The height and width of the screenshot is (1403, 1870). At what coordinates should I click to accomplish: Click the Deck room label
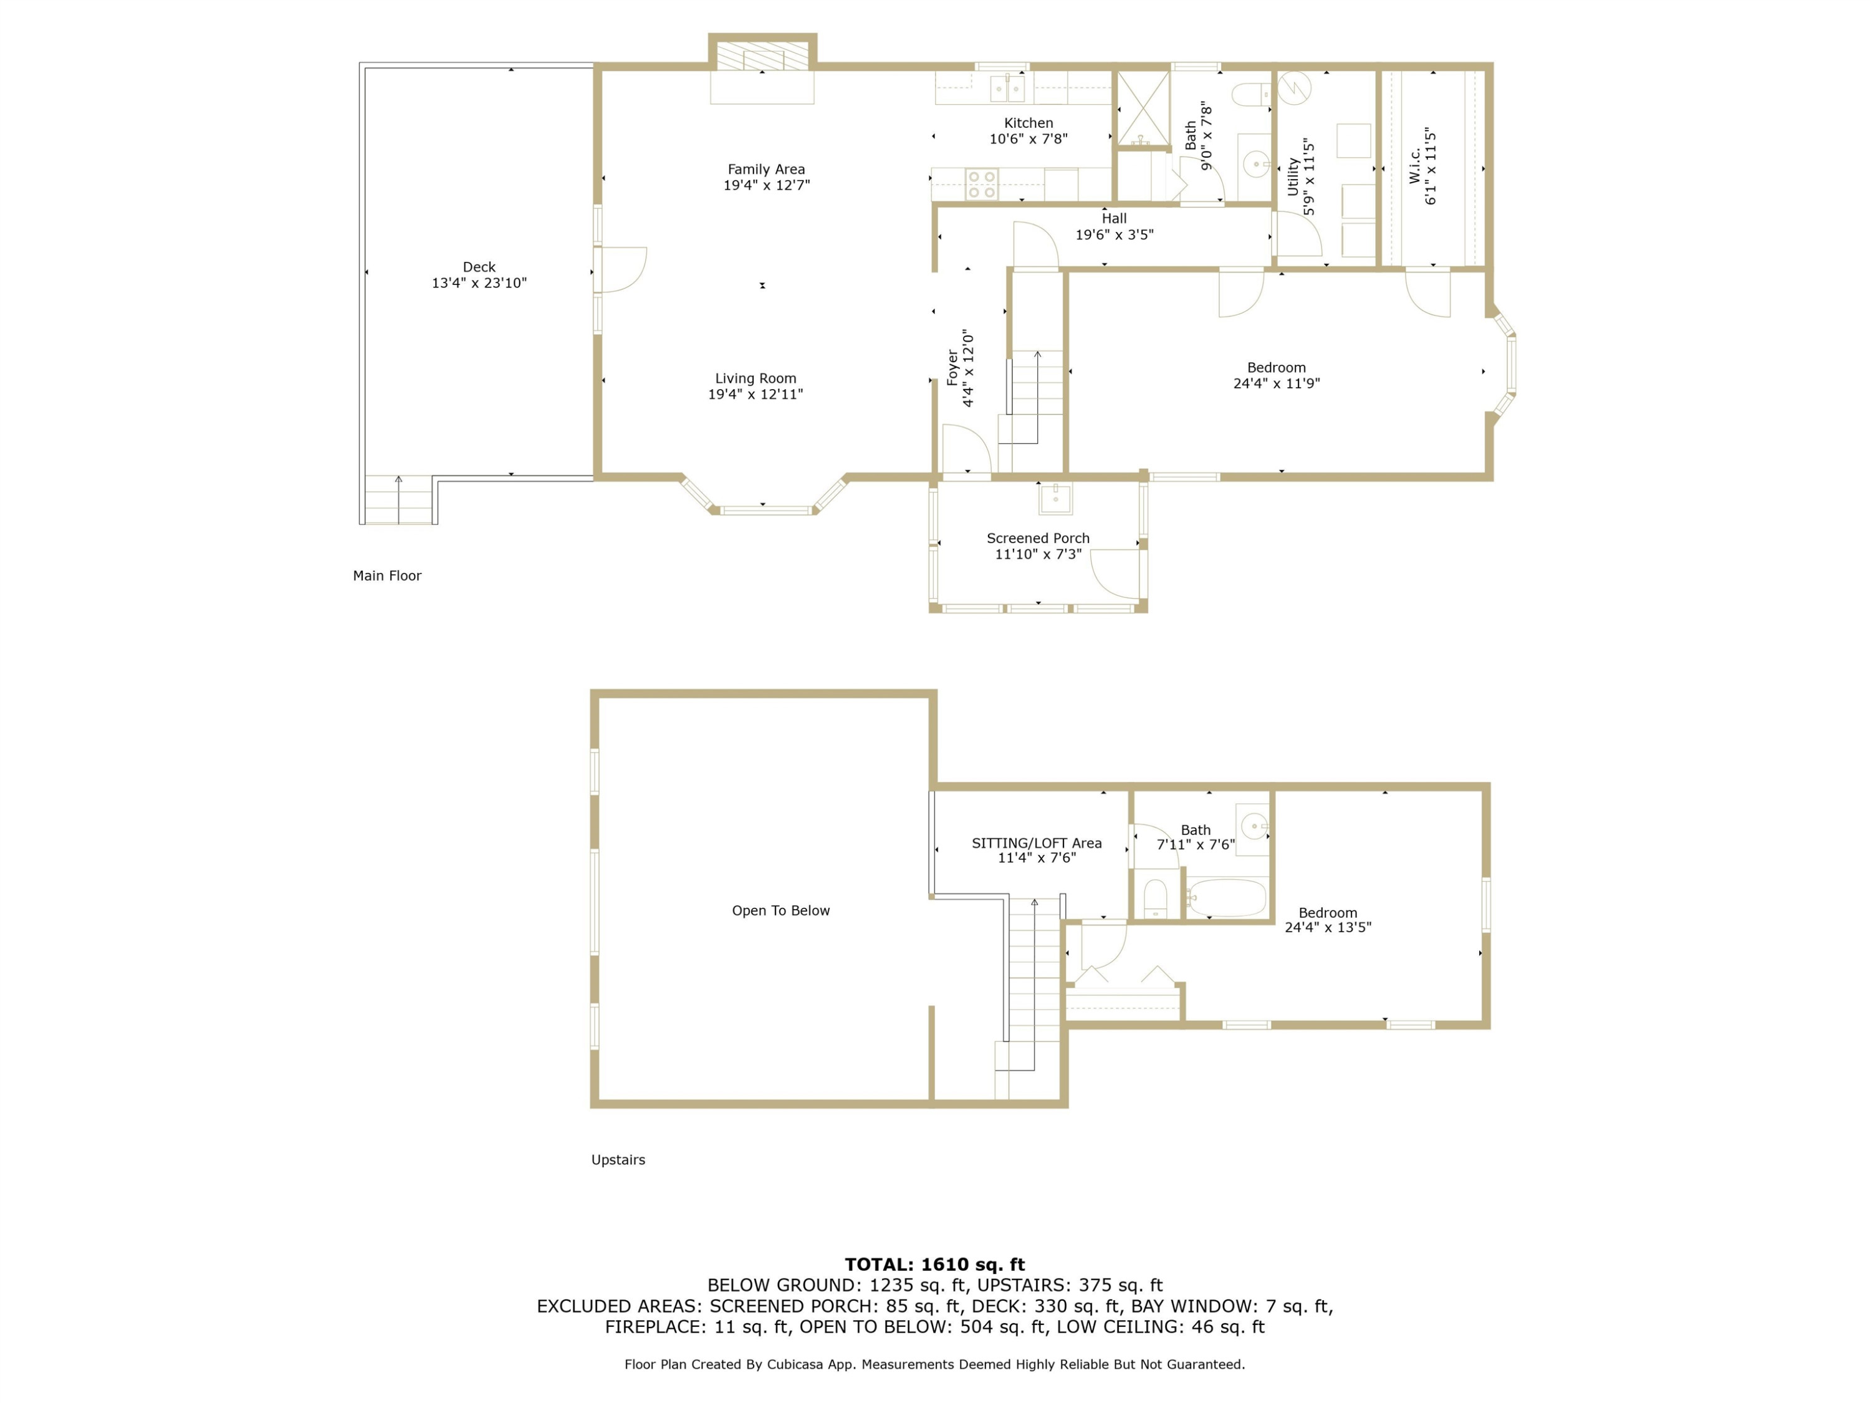pos(479,268)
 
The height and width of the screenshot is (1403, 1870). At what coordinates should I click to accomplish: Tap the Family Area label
pos(766,169)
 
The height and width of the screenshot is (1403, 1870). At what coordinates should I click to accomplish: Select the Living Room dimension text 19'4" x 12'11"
pos(755,394)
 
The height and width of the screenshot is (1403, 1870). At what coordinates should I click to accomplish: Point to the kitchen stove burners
pos(982,185)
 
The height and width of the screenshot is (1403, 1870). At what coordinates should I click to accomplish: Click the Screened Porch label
pos(1037,538)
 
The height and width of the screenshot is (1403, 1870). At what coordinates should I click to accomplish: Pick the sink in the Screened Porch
pos(1055,498)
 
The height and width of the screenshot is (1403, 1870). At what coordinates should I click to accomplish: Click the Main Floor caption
pos(386,576)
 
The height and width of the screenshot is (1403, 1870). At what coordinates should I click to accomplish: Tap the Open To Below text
pos(780,911)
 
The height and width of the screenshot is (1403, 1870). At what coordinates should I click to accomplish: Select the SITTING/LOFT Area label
pos(1037,843)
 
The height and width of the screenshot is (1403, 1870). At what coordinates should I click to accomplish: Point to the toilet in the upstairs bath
pos(1155,898)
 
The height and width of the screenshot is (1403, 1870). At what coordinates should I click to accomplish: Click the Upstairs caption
pos(618,1160)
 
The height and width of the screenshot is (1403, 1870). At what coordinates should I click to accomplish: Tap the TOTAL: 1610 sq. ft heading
pos(934,1265)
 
